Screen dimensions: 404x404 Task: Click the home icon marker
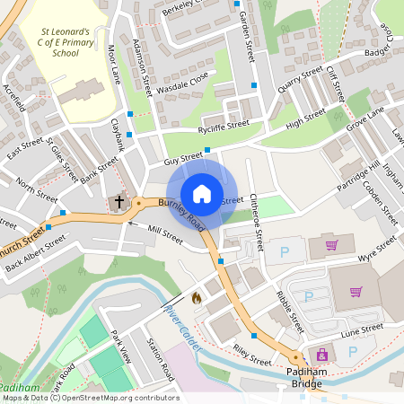coord(202,193)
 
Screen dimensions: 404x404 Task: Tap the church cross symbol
coord(119,203)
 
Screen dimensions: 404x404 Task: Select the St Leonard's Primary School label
coord(66,42)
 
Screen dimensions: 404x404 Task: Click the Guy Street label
coord(183,160)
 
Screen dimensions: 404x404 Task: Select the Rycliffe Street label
coord(224,127)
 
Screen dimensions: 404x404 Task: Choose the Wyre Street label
coord(376,258)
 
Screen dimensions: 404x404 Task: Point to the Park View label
coord(120,346)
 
